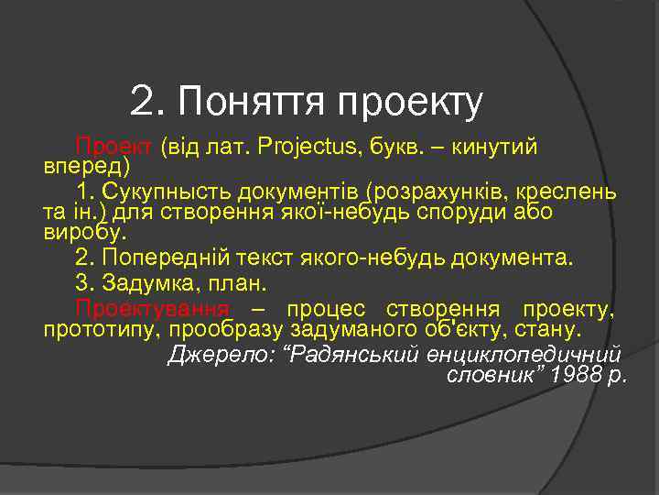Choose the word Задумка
(151, 284)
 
